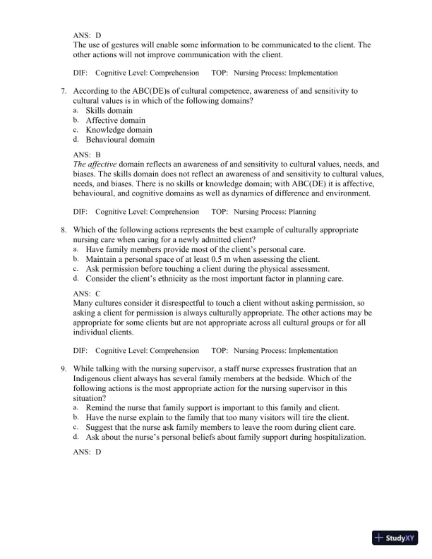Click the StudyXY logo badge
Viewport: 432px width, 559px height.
399,539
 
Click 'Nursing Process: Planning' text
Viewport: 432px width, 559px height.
274,211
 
